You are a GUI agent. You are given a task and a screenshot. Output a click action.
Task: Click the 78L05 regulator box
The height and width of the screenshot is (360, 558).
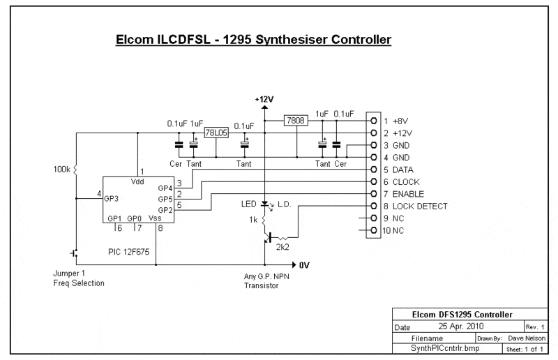(215, 132)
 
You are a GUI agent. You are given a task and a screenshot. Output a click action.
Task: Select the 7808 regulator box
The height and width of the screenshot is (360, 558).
(296, 120)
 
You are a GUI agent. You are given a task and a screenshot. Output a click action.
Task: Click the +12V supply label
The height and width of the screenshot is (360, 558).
(264, 100)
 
